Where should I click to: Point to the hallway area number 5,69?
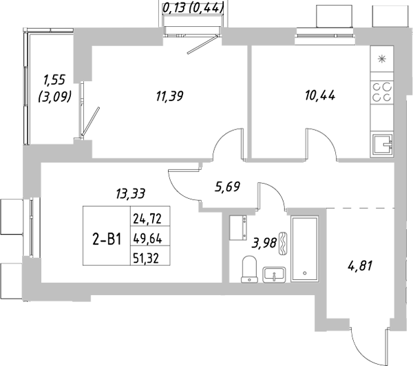(x=227, y=186)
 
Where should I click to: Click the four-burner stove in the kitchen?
(x=382, y=92)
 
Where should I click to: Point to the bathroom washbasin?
(x=276, y=274)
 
